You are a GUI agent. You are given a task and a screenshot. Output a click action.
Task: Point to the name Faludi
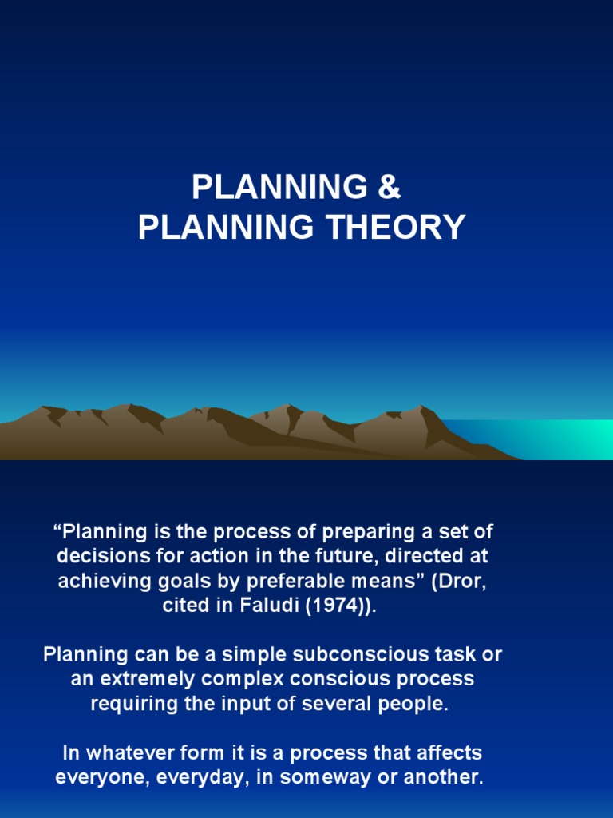click(x=264, y=606)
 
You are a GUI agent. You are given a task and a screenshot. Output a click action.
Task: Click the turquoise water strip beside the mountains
click(x=551, y=438)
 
